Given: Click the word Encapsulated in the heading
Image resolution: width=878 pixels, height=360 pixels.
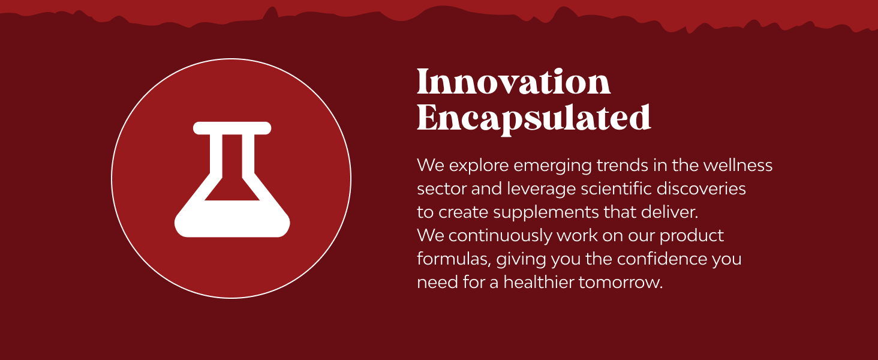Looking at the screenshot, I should (534, 118).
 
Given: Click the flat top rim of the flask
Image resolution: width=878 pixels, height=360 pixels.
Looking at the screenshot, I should (232, 128).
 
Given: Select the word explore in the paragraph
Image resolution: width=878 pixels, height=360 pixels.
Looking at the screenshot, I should (479, 165).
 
